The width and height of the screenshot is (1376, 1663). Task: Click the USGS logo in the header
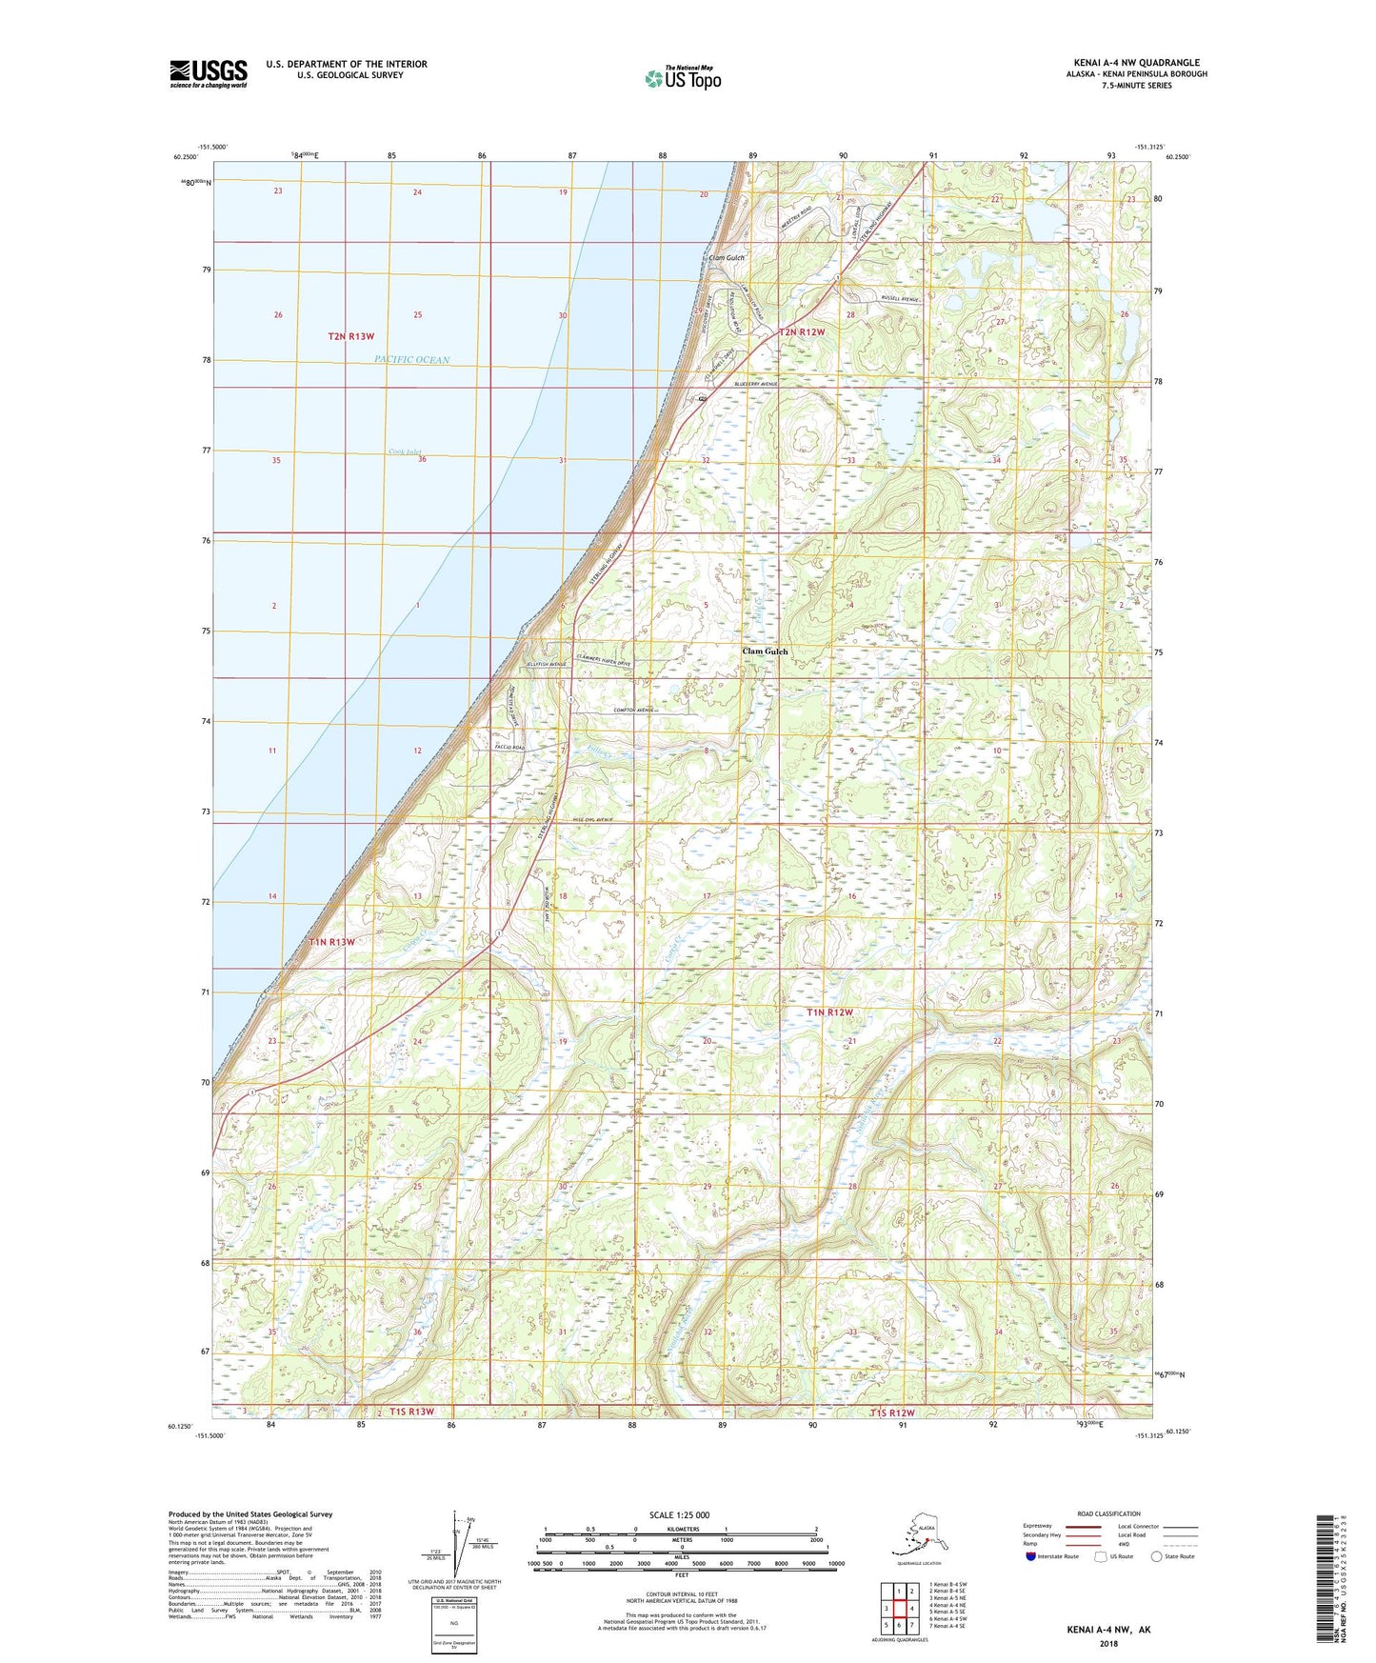(209, 73)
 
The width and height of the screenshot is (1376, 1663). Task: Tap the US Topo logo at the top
(682, 77)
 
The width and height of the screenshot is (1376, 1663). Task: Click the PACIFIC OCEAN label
(411, 360)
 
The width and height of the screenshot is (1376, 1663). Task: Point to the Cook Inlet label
(405, 452)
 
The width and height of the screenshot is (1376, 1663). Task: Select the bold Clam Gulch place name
(765, 651)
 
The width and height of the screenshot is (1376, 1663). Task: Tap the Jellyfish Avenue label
(547, 664)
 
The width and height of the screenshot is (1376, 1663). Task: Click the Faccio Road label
(509, 748)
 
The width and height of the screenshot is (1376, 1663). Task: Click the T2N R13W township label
(351, 336)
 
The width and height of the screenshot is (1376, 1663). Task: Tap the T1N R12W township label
(830, 1012)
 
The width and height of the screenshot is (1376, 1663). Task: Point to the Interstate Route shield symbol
(1031, 1556)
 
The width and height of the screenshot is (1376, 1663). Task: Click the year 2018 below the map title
(1108, 1642)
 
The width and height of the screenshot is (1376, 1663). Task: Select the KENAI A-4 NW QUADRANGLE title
(1135, 63)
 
